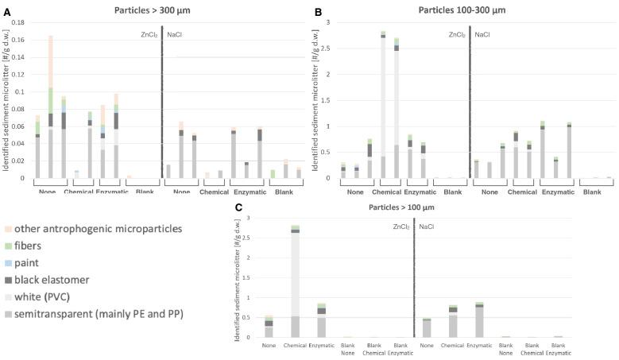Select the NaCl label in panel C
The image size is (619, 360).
pyautogui.click(x=427, y=226)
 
